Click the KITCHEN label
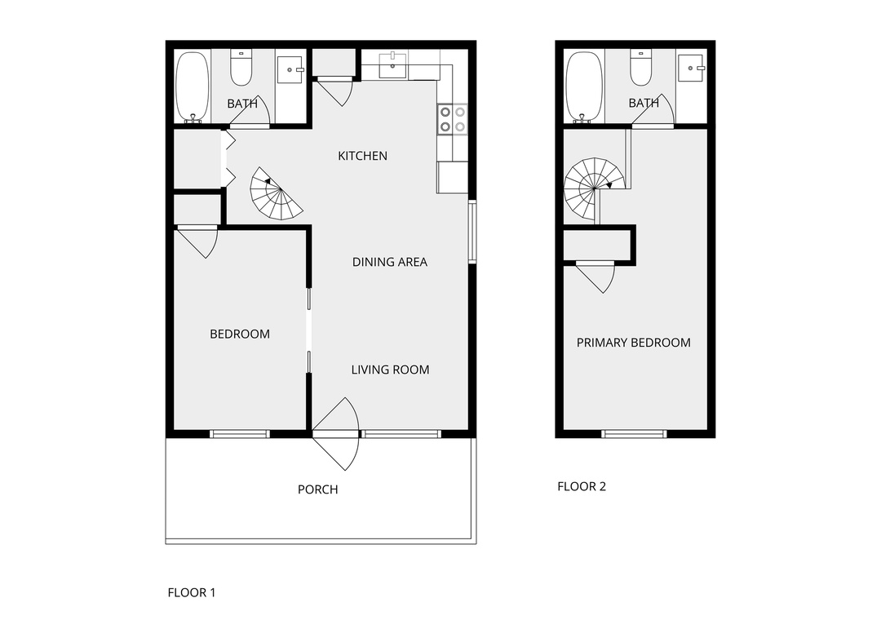tap(362, 156)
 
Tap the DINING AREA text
tap(390, 262)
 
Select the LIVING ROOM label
tap(391, 370)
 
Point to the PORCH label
tap(318, 489)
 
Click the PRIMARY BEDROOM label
tap(634, 343)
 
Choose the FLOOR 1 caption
tap(192, 592)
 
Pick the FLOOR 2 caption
tap(582, 487)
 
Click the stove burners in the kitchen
tap(452, 119)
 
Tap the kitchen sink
tap(392, 65)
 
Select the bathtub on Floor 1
tap(193, 87)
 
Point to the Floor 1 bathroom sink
tap(290, 69)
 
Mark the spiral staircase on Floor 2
tap(595, 189)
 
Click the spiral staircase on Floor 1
tap(276, 194)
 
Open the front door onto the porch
tap(336, 434)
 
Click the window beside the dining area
tap(472, 232)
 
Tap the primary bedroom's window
tap(634, 433)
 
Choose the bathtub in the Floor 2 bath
tap(584, 87)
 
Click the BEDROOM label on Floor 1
tap(240, 334)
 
